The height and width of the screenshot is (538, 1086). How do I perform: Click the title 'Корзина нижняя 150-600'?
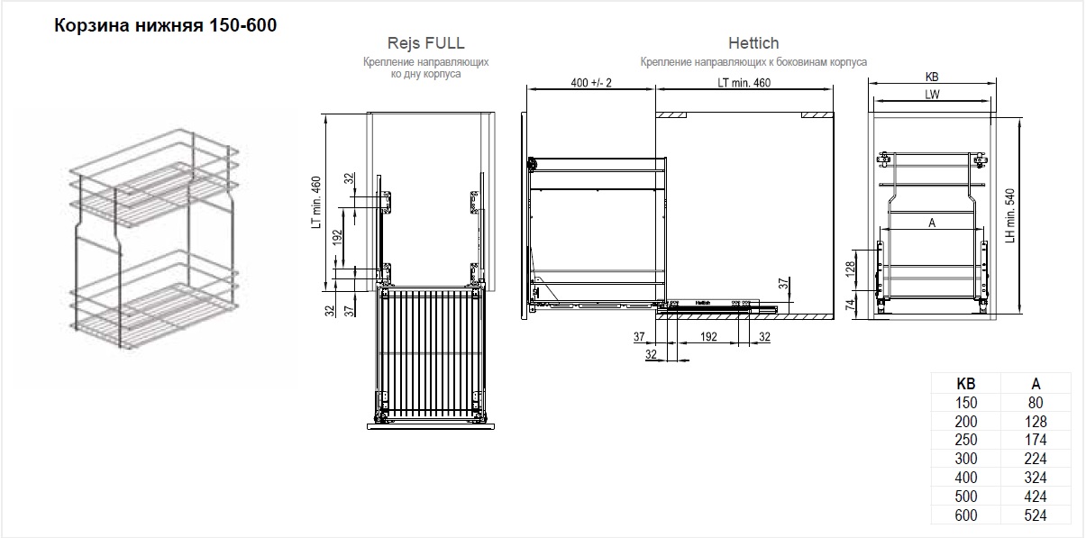(x=165, y=25)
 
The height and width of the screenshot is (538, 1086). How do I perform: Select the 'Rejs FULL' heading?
(x=425, y=43)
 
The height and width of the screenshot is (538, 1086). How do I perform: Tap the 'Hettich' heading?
(x=753, y=43)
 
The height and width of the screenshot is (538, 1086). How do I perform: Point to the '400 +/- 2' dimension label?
(x=591, y=83)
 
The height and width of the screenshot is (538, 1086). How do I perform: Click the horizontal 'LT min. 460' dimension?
(x=744, y=83)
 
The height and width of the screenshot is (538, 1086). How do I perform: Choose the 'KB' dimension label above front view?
(x=932, y=78)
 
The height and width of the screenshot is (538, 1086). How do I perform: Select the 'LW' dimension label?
(x=932, y=95)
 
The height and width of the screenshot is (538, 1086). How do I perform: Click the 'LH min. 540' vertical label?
(x=1010, y=215)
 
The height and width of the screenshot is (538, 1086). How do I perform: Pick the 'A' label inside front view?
(x=932, y=223)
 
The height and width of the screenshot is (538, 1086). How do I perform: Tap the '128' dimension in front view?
(x=850, y=269)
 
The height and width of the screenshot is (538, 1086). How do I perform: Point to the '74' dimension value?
(x=850, y=305)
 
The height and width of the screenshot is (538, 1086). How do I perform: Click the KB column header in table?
(x=966, y=384)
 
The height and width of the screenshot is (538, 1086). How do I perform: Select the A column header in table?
(x=1036, y=384)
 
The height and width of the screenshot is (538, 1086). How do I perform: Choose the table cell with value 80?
(x=1036, y=403)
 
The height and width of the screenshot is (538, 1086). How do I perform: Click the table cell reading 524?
(x=1036, y=515)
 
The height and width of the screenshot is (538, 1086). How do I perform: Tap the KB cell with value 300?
(x=966, y=459)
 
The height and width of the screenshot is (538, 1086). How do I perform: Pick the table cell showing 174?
(x=1036, y=440)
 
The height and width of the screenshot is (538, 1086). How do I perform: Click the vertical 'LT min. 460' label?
(x=316, y=202)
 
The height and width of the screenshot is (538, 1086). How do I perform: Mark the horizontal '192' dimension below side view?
(x=708, y=336)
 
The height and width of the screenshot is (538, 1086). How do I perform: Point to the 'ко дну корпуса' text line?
(x=425, y=74)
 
